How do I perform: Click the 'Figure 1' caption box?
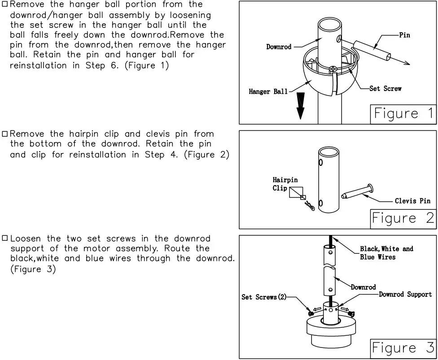(x=403, y=114)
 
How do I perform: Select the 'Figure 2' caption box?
(x=403, y=218)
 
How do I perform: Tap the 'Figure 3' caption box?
(x=403, y=348)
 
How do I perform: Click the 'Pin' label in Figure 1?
(x=404, y=35)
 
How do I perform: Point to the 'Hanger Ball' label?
(x=268, y=91)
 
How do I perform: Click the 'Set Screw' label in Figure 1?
(x=385, y=88)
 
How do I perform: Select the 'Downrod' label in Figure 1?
(x=279, y=47)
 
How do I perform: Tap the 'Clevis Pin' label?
(x=412, y=201)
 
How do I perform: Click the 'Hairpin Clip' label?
(x=285, y=184)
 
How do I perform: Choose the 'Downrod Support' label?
(x=405, y=294)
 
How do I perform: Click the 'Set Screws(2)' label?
(x=264, y=297)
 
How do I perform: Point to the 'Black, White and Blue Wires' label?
(x=386, y=253)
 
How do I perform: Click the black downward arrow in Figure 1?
(x=301, y=106)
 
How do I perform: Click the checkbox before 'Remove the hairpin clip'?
(x=5, y=134)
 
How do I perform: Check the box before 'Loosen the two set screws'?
(x=5, y=239)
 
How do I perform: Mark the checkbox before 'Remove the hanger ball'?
(x=5, y=4)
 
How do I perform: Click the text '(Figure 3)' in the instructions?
(x=33, y=269)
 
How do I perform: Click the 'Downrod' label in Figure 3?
(x=363, y=287)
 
